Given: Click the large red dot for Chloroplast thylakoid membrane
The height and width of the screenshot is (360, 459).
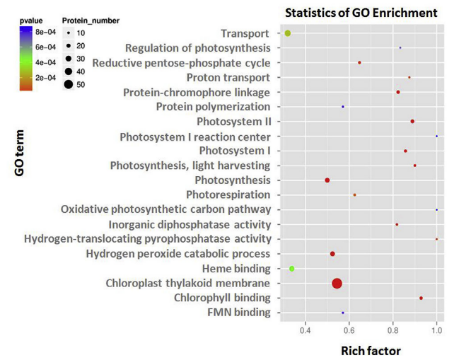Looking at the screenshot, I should tap(337, 284).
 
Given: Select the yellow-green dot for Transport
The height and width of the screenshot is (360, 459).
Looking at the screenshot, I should tap(288, 33).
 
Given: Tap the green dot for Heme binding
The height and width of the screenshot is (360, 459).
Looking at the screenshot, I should tap(292, 269).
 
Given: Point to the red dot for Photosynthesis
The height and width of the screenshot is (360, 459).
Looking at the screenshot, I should tap(327, 180).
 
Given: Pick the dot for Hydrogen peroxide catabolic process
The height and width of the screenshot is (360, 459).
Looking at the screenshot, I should tap(332, 254).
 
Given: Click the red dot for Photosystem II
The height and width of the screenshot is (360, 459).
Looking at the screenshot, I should tap(412, 122).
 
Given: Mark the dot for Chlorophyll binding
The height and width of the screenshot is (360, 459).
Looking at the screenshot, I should tap(421, 298).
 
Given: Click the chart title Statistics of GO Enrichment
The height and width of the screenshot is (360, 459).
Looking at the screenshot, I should tap(361, 13).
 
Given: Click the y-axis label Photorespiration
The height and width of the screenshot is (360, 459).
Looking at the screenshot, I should tap(228, 194).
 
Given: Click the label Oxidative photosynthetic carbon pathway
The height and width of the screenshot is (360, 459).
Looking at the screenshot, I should tap(165, 209).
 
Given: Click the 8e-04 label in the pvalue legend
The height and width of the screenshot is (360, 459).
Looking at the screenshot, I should tap(42, 34).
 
